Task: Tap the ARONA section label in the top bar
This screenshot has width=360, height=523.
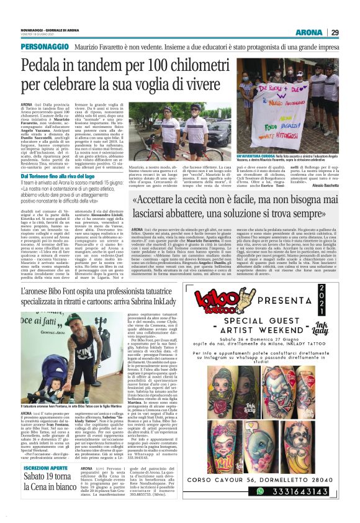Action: pos(309,32)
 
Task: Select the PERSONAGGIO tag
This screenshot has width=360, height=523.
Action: pos(45,46)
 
